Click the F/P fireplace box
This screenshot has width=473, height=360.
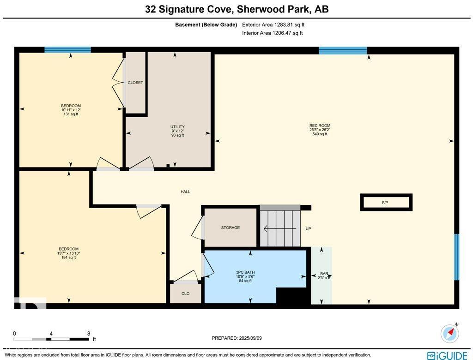(x=386, y=202)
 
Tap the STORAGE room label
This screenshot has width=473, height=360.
(x=230, y=228)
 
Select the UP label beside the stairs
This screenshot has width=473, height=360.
(x=308, y=228)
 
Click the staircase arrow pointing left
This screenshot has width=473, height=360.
(x=279, y=229)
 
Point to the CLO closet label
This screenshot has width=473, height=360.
(x=186, y=294)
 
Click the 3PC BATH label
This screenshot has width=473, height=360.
(x=245, y=272)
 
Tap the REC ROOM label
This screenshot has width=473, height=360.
(x=320, y=126)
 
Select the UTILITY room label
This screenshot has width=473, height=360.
(x=177, y=126)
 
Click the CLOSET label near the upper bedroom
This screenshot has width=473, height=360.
(x=135, y=83)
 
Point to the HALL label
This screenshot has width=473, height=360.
(x=186, y=192)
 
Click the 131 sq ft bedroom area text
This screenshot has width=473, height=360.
(x=71, y=114)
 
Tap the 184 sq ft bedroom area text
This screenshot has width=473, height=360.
(x=68, y=258)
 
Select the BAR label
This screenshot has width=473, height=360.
(x=324, y=274)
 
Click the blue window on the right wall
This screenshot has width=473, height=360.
(x=457, y=257)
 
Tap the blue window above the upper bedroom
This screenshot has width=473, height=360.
(x=67, y=50)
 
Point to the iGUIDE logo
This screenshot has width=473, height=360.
(x=447, y=355)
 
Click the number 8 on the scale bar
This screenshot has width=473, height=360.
(x=89, y=334)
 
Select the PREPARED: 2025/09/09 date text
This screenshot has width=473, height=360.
(x=237, y=338)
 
